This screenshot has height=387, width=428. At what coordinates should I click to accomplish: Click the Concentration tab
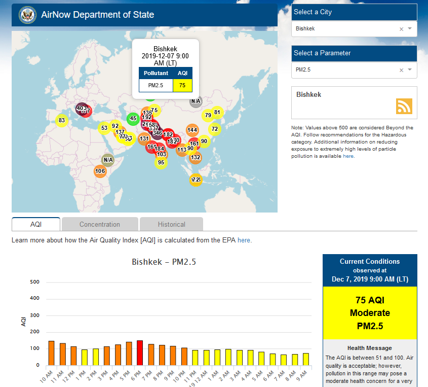pos(100,224)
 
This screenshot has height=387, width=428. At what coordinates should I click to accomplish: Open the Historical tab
pos(171,224)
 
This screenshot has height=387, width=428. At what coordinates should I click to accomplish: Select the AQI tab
pos(35,224)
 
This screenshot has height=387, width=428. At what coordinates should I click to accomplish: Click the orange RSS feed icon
pos(404,106)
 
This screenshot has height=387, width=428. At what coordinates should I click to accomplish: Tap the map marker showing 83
pos(62,120)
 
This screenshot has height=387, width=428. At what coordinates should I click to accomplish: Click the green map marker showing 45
pos(133,119)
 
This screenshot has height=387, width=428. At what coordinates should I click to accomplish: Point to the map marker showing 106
pos(100,171)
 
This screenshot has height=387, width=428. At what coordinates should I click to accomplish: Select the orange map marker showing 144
pos(192,130)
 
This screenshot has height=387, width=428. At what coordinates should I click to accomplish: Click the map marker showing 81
pos(217,112)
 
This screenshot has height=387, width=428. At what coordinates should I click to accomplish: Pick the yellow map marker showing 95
pos(161,162)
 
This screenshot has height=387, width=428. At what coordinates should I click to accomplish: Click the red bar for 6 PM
pos(140,353)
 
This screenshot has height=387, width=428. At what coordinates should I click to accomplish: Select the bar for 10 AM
pos(51,353)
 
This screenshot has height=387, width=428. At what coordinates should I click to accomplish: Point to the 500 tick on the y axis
pos(35,282)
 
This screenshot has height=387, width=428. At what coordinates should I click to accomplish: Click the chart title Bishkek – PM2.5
pos(164,262)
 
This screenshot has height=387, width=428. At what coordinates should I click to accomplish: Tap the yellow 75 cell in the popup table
pos(182,85)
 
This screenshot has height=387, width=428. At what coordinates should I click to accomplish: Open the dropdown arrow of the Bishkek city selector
pos(410,29)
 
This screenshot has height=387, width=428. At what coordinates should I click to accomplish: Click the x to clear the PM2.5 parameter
pos(401,70)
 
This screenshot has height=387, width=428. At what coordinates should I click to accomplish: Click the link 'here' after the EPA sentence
pos(244,240)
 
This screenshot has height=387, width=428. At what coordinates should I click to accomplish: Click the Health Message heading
pos(369,348)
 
